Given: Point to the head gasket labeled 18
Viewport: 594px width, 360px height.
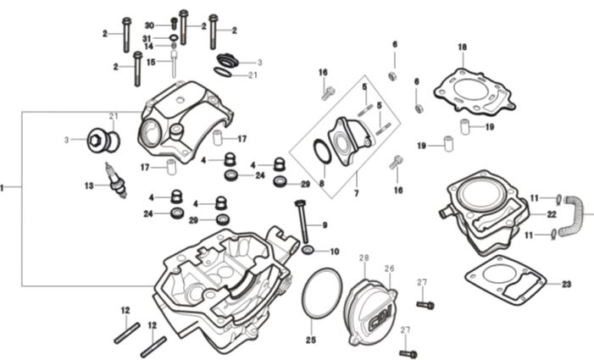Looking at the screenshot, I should click(x=474, y=90).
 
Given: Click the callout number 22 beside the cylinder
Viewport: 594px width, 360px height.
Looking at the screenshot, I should click(x=551, y=214).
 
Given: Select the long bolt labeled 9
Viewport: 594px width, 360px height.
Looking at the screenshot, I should click(x=301, y=221).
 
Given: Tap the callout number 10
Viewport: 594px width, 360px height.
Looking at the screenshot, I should click(x=334, y=252).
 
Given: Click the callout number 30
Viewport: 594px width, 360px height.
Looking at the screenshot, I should click(x=149, y=25).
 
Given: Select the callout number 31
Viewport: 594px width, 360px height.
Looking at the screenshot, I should click(x=147, y=38).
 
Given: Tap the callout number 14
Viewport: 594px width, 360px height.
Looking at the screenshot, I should click(x=148, y=47).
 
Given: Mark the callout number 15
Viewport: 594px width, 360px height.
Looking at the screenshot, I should click(x=150, y=62).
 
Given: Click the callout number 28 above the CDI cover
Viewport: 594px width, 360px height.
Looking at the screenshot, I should click(x=364, y=258).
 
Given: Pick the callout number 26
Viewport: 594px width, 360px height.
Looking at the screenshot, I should click(x=390, y=269).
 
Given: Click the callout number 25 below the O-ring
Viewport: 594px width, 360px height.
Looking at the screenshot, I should click(x=311, y=340).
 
